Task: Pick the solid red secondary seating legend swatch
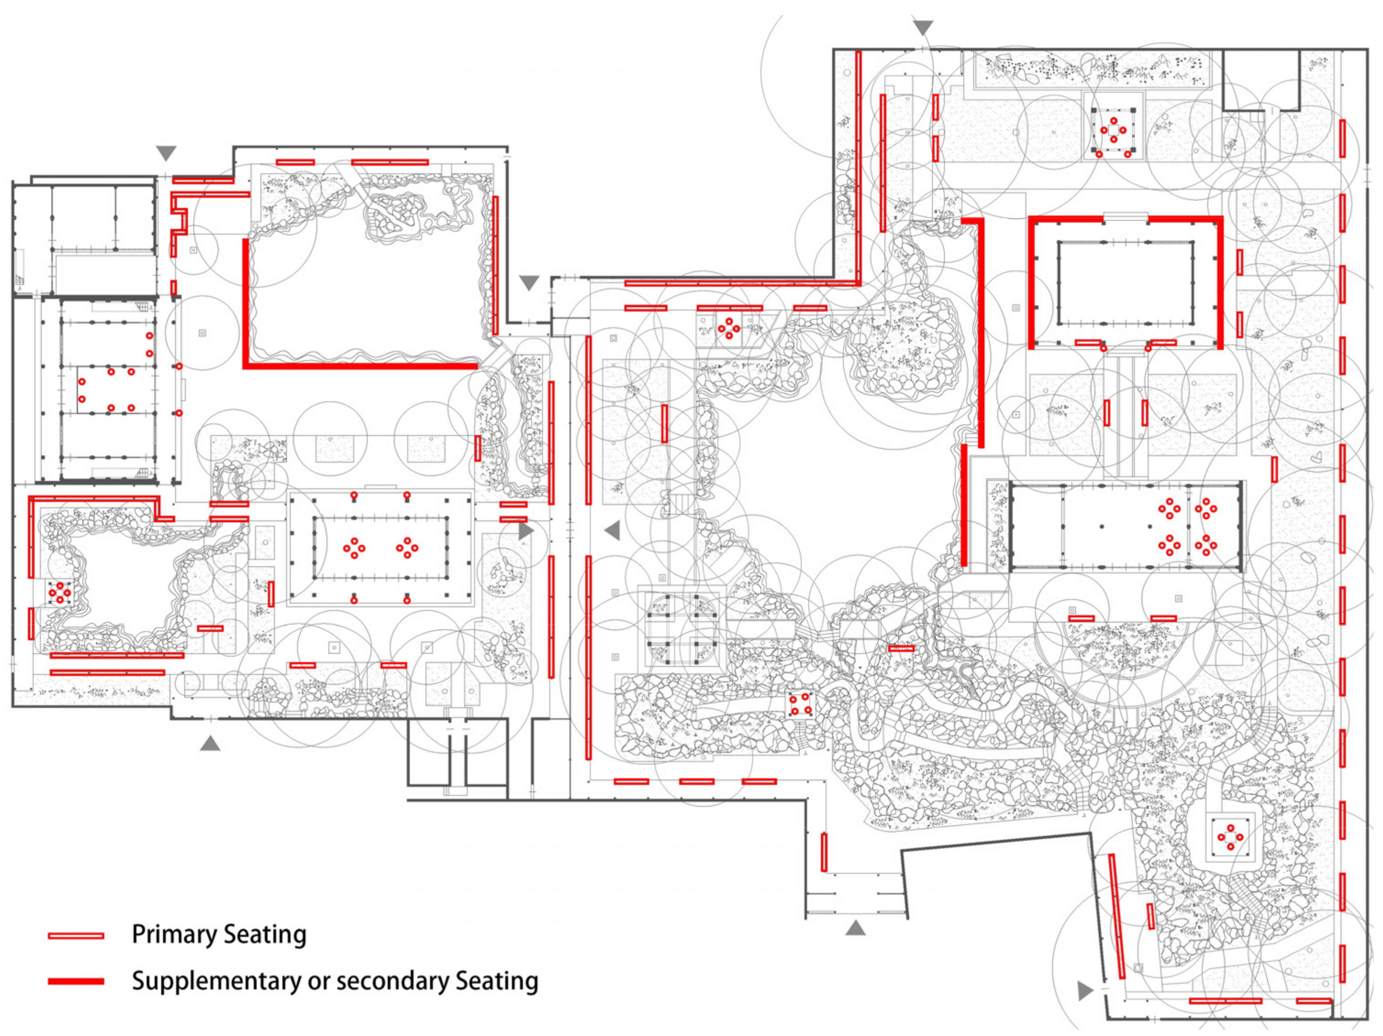coord(76,981)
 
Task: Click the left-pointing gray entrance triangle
coord(613,530)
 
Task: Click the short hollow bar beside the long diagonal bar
coord(1151,916)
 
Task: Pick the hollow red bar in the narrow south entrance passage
coord(824,852)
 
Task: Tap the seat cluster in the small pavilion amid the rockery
coord(800,704)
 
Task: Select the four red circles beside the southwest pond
coord(60,592)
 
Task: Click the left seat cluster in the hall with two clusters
coord(354,548)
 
